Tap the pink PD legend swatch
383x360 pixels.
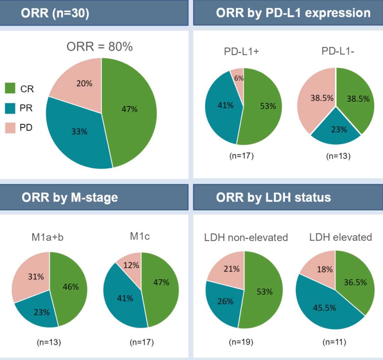10,128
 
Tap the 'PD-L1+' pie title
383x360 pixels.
242,51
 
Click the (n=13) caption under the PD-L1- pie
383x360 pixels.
338,156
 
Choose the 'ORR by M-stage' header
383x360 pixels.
70,197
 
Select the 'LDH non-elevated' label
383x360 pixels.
246,237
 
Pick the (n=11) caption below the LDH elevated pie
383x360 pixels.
334,342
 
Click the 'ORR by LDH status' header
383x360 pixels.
273,197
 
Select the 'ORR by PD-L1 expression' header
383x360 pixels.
293,13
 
